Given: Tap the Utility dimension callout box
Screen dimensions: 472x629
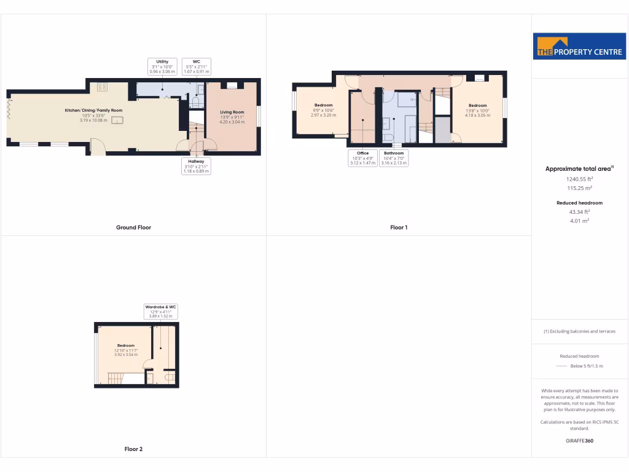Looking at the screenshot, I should coord(162,66).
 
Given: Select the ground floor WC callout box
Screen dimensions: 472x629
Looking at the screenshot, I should coord(197,66).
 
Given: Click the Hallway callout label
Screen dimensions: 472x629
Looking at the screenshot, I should coord(197,166).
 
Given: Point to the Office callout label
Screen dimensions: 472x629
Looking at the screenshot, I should coord(362,158).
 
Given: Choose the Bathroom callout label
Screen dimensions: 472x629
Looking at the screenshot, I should coord(394,158).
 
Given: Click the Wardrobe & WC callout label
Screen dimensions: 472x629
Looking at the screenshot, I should coord(161,311).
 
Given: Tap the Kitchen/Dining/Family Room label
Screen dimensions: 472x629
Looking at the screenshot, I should coord(93,110).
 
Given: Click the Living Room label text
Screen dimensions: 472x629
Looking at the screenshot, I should coord(232,112).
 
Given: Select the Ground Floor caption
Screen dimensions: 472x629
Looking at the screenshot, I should coord(133,227).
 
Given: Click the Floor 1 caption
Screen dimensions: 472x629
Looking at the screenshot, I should coord(399,227).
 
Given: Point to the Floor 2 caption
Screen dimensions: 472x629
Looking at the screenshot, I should coord(133,449).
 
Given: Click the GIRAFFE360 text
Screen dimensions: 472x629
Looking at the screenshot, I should coord(579,441).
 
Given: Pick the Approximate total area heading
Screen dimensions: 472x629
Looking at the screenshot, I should coord(579,168).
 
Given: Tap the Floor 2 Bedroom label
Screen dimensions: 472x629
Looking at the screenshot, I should coord(126,345).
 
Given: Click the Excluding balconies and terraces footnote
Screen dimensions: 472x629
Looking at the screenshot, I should coord(579,331).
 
